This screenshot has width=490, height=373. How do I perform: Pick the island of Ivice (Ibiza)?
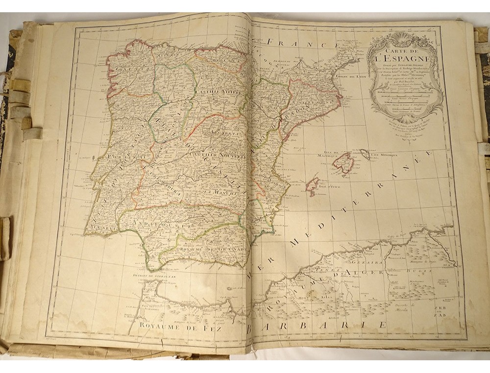click(x=311, y=186)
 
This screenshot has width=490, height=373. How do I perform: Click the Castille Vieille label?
click(x=216, y=92)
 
